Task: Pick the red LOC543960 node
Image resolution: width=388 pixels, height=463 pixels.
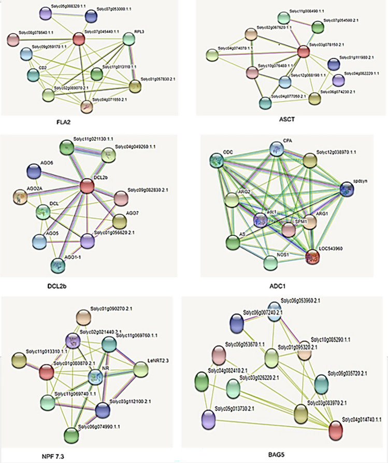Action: (312, 256)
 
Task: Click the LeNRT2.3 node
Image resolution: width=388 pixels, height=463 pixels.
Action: (141, 370)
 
